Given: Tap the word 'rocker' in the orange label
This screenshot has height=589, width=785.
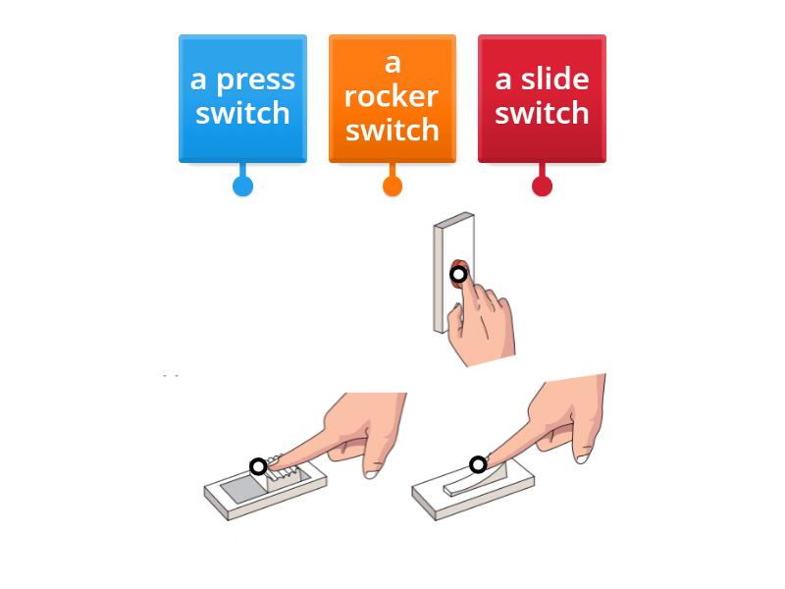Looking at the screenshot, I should click(x=392, y=96).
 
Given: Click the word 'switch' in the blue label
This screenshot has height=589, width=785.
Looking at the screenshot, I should click(x=242, y=113).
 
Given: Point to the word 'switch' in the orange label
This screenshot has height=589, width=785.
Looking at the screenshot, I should click(x=392, y=130).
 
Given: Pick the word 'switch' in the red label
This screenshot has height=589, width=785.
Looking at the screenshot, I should click(x=542, y=113).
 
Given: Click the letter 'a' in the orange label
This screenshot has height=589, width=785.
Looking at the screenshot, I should click(x=392, y=63).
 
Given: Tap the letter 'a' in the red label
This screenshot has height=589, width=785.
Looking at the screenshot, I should click(x=504, y=80).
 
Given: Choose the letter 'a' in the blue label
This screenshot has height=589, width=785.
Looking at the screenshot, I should click(x=198, y=80).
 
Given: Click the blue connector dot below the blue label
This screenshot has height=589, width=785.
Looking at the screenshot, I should click(x=242, y=186).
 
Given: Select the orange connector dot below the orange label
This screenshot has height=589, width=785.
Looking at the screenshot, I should click(x=392, y=186).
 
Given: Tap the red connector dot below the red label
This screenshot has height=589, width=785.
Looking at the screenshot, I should click(x=542, y=186).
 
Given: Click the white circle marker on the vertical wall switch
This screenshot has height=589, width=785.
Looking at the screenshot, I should click(x=458, y=274).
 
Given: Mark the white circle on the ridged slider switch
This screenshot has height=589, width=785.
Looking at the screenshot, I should click(x=258, y=466).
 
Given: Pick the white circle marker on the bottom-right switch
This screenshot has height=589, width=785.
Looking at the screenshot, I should click(x=478, y=464).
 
